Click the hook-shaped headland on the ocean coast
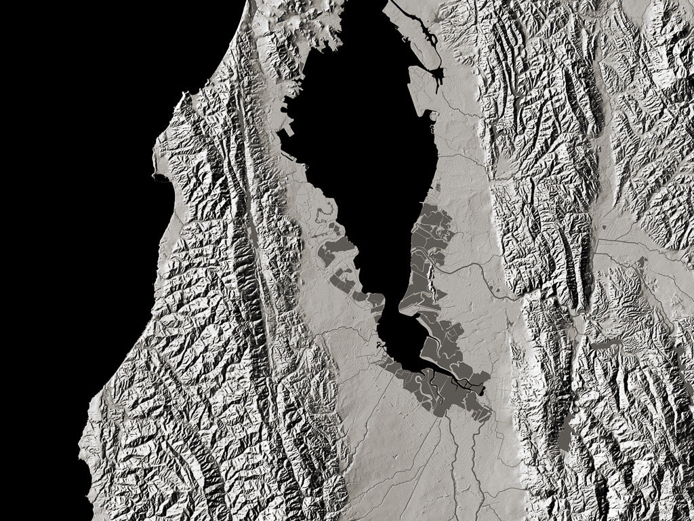(x=158, y=178)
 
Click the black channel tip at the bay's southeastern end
(x=482, y=389)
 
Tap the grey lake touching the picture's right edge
(x=680, y=353)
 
